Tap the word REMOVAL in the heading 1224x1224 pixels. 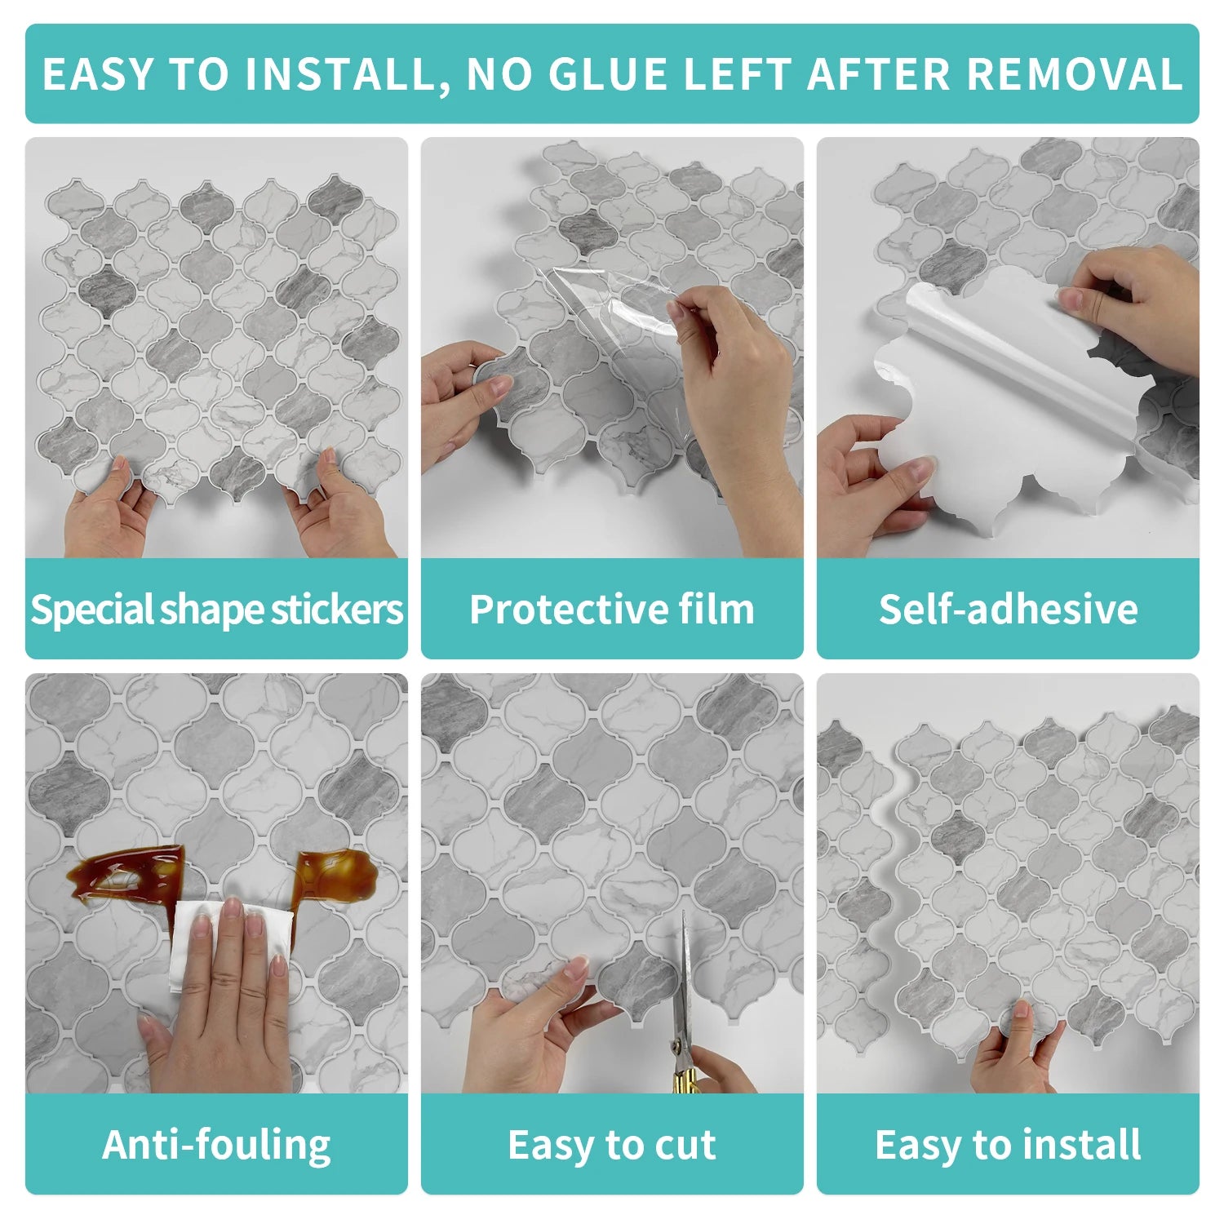[x=1075, y=74]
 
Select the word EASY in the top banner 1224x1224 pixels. [x=97, y=74]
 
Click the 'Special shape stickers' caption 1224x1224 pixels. [x=216, y=610]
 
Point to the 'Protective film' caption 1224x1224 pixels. [x=612, y=610]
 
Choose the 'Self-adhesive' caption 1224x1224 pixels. [x=1008, y=610]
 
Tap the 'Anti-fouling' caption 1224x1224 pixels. [x=216, y=1144]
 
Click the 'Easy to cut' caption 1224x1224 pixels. [x=612, y=1144]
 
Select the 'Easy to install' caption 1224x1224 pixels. [x=1008, y=1144]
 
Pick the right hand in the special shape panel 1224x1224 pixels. [x=335, y=506]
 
